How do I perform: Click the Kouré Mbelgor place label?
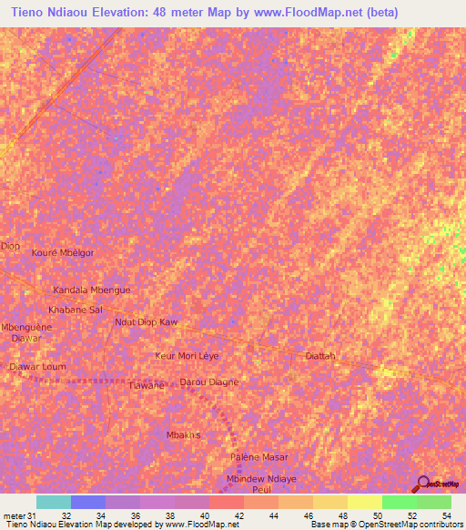[63, 252]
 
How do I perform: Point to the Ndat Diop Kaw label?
[146, 322]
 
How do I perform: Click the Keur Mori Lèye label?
[187, 355]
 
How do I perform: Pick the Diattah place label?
[320, 355]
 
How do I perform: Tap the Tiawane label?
[146, 385]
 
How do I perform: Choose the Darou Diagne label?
[209, 382]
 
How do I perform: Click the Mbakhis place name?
[183, 435]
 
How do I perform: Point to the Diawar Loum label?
[37, 366]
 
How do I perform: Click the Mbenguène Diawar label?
[25, 332]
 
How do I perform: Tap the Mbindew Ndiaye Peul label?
[261, 484]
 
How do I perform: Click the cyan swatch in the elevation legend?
[54, 502]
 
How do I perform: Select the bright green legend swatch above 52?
[400, 502]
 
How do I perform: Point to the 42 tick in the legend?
[238, 515]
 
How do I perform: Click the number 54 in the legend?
[446, 515]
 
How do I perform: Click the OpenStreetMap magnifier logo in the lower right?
[422, 484]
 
